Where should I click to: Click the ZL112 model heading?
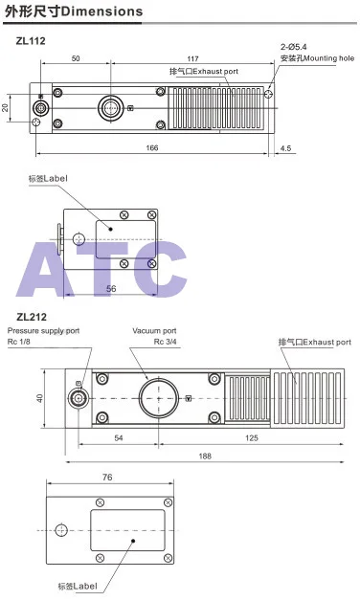31,40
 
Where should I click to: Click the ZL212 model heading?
32,317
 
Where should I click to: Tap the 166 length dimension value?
152,147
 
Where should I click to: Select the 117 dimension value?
192,58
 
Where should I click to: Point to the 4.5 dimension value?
285,148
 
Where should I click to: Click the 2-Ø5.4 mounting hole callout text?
293,47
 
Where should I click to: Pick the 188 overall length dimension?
205,456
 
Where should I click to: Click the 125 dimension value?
252,437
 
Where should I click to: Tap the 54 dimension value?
119,437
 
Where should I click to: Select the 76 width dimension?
107,478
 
